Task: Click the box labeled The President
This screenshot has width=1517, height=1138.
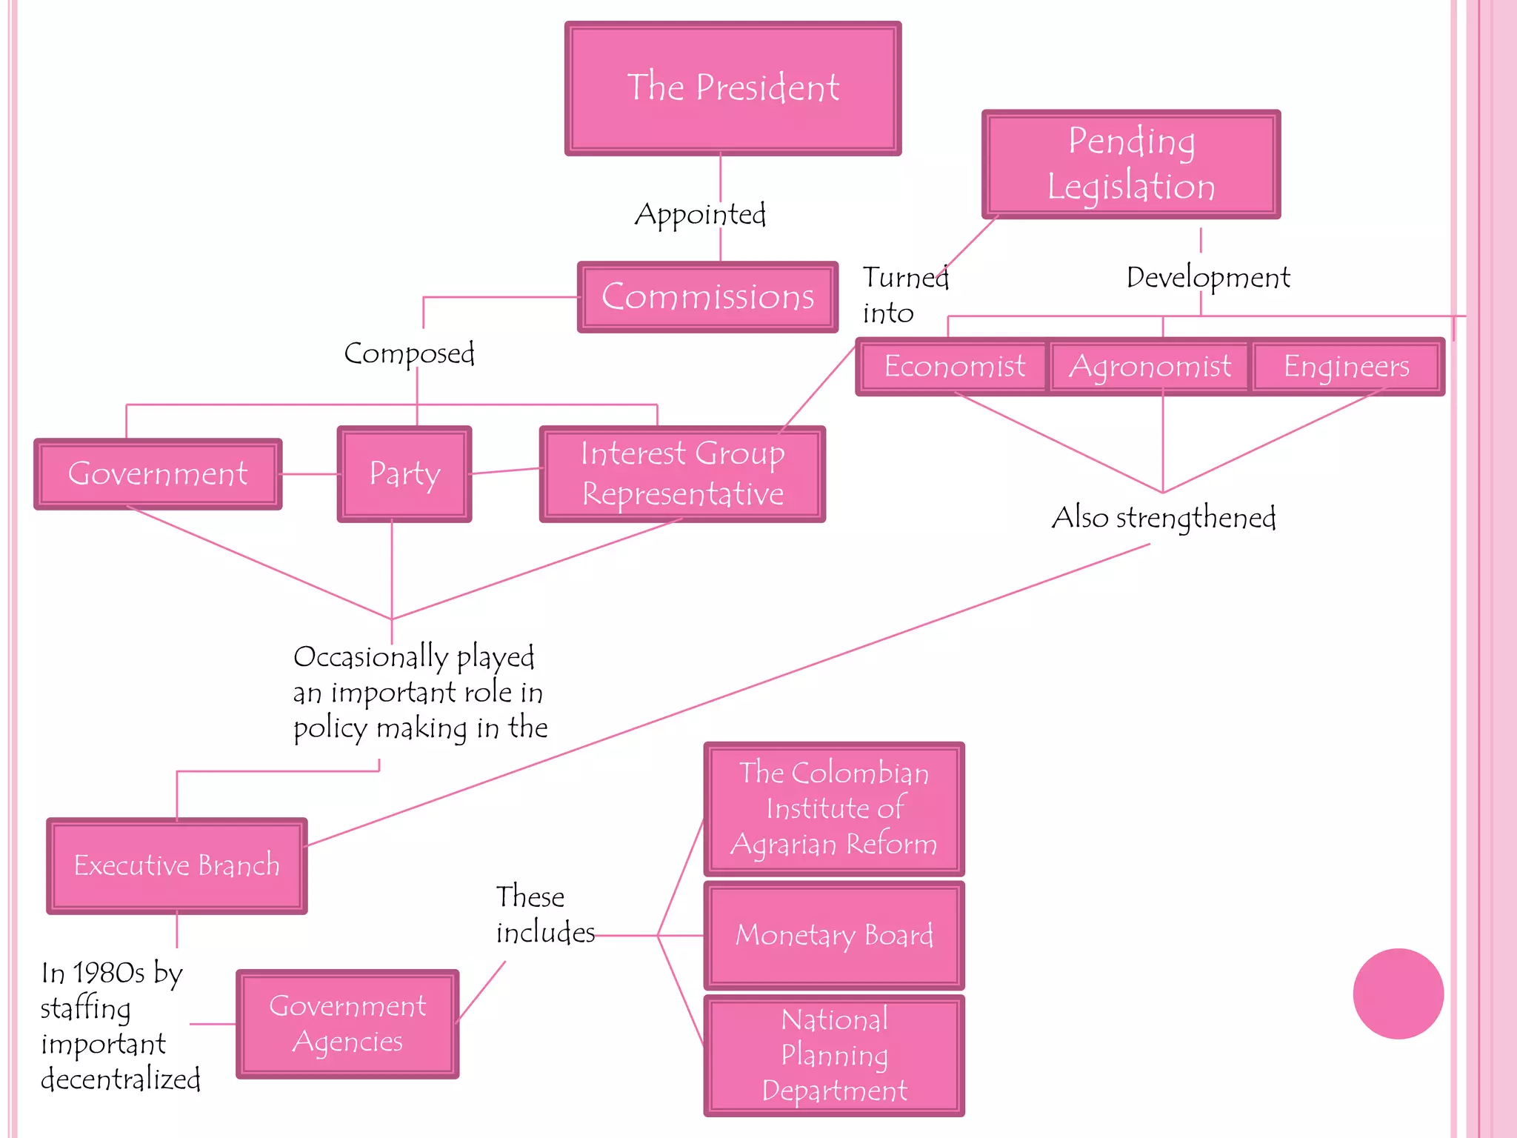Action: tap(733, 88)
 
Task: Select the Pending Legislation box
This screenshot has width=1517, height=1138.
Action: tap(1130, 164)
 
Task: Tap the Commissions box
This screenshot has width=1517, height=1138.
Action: tap(707, 296)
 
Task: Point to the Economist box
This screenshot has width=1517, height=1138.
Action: tap(953, 366)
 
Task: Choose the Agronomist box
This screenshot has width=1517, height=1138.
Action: tap(1150, 366)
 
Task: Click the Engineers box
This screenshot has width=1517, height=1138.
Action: tap(1346, 366)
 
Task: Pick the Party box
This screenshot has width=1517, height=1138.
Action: tap(404, 473)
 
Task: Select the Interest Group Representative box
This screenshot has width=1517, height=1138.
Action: tap(682, 473)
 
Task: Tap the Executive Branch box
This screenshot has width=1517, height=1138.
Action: tap(176, 865)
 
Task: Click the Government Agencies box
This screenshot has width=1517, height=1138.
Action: tap(347, 1023)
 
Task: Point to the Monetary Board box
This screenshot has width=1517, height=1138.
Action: tap(834, 935)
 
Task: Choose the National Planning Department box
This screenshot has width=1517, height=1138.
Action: tap(834, 1055)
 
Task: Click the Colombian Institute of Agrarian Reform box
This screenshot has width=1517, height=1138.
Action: tap(834, 808)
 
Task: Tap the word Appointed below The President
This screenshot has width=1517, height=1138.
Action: tap(700, 214)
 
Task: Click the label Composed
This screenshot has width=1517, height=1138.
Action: tap(409, 353)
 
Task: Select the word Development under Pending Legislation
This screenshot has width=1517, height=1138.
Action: tap(1208, 278)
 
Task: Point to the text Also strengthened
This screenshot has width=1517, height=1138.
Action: tap(1163, 517)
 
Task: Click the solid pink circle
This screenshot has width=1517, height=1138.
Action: tap(1398, 994)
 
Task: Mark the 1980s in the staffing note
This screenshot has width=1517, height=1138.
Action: tap(108, 973)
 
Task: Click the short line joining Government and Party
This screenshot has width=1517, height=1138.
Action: tap(310, 474)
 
